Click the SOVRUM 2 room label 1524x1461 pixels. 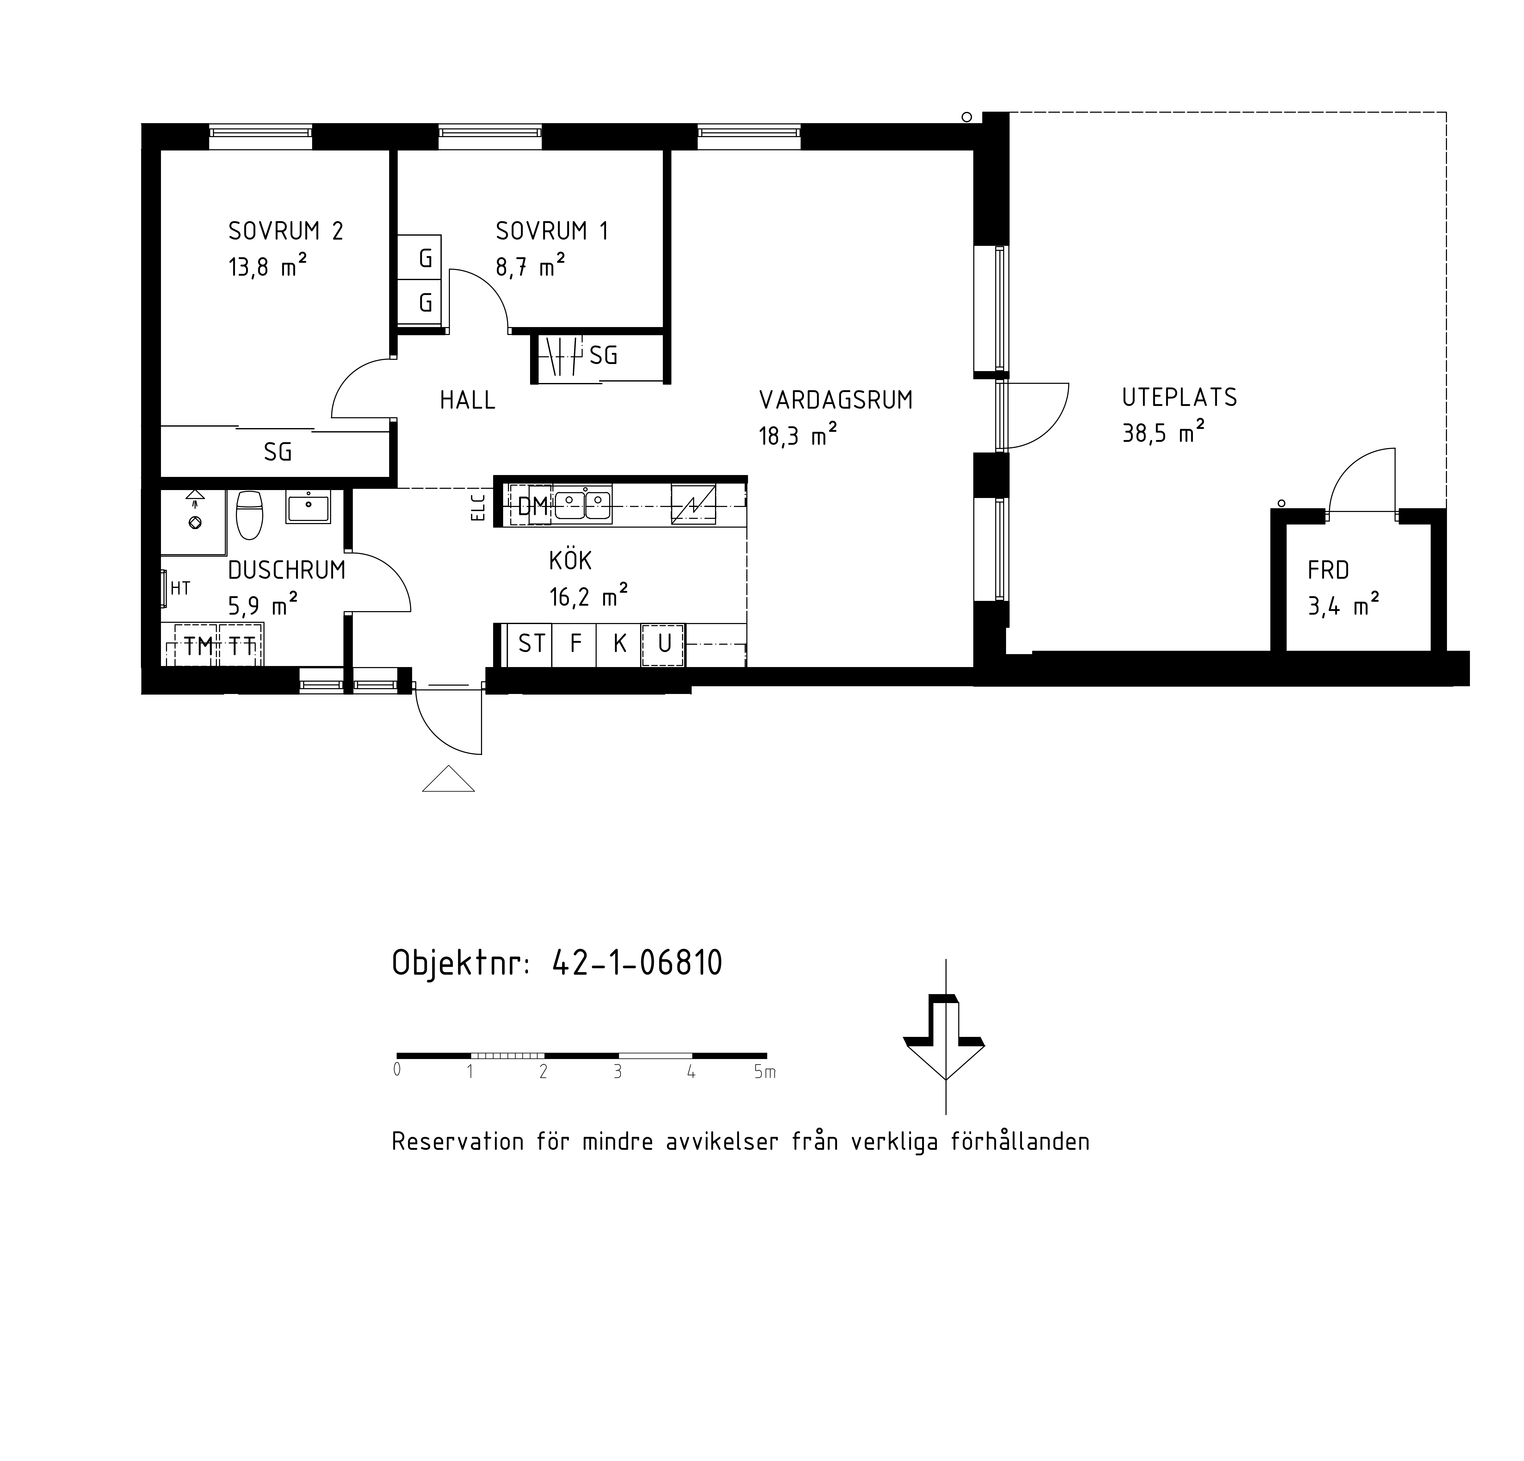pyautogui.click(x=285, y=231)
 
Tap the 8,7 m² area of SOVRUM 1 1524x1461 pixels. pyautogui.click(x=530, y=267)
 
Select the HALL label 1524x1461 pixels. pyautogui.click(x=467, y=401)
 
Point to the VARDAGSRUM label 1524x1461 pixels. pyautogui.click(x=836, y=401)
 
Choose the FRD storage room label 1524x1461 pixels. pyautogui.click(x=1328, y=571)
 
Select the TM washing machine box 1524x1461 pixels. pyautogui.click(x=197, y=645)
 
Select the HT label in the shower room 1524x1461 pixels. pyautogui.click(x=180, y=589)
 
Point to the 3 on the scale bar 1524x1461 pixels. pyautogui.click(x=617, y=1072)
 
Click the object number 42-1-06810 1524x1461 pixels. pyautogui.click(x=637, y=963)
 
